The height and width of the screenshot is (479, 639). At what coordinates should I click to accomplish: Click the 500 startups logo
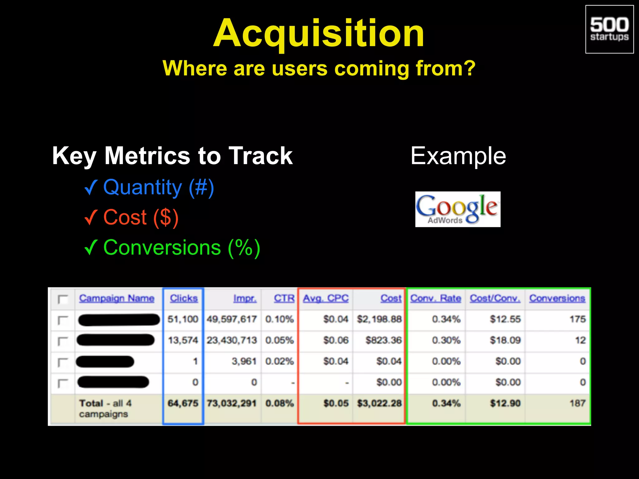[x=609, y=29]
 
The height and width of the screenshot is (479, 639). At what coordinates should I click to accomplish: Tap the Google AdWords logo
[x=458, y=209]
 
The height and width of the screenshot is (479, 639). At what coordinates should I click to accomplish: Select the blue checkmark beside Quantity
[x=91, y=187]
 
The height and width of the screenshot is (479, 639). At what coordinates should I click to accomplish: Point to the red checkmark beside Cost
[x=91, y=217]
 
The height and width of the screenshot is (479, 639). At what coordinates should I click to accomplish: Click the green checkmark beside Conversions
[x=91, y=248]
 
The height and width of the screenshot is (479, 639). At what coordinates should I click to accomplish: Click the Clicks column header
[x=184, y=298]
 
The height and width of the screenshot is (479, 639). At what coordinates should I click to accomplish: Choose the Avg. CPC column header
[x=326, y=298]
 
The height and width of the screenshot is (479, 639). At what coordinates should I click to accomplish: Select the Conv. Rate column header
[x=436, y=298]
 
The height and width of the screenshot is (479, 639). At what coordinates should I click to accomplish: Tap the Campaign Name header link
[x=117, y=298]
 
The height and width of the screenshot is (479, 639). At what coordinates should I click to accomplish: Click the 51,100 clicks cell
[x=183, y=319]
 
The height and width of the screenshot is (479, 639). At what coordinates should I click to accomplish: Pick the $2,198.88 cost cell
[x=379, y=319]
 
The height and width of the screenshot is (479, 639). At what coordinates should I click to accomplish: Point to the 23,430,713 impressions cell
[x=232, y=340]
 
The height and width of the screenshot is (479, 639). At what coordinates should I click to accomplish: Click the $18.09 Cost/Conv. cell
[x=505, y=340]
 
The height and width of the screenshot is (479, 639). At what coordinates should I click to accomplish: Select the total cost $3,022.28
[x=379, y=404]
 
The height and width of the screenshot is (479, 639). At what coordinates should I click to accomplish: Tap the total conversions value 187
[x=578, y=404]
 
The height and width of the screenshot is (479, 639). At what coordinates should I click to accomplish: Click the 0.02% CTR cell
[x=280, y=361]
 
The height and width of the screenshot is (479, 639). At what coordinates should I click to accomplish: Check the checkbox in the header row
[x=63, y=300]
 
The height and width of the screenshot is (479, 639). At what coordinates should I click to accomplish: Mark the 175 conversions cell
[x=578, y=319]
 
